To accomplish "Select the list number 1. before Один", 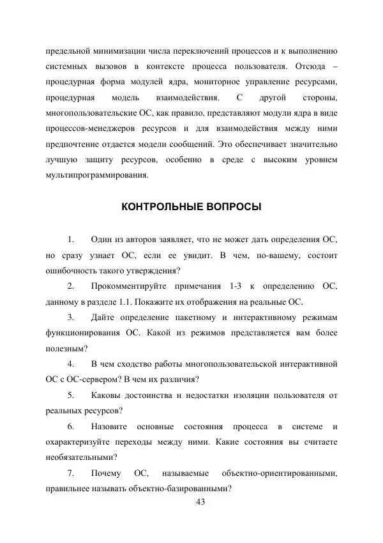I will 71,239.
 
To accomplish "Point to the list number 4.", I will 71,364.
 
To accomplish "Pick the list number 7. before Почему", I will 71,473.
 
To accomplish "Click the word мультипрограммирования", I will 96,174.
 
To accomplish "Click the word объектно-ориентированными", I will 279,473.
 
